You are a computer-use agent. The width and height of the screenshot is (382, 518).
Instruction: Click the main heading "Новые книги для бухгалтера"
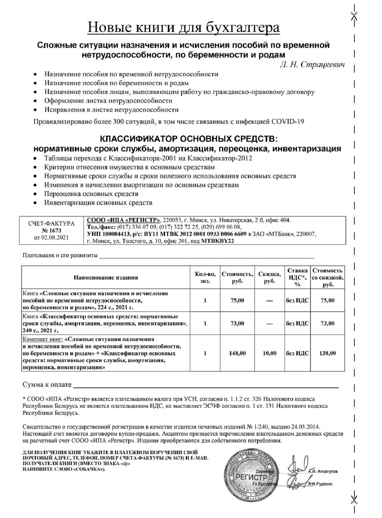tap(184, 28)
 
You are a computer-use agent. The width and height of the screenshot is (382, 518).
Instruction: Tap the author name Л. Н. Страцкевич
tap(312, 65)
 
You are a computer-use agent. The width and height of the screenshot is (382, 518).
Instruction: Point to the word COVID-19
tap(288, 121)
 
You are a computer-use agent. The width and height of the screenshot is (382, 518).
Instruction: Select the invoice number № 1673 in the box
tap(51, 231)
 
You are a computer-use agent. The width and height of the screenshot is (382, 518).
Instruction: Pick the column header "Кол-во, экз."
tap(205, 277)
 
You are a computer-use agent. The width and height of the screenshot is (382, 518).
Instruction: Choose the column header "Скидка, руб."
tap(269, 277)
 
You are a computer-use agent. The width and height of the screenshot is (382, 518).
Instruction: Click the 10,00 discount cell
tap(269, 353)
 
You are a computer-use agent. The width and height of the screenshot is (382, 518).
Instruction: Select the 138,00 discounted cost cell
tap(328, 353)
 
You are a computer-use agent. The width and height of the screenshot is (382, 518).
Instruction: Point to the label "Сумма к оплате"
tap(47, 385)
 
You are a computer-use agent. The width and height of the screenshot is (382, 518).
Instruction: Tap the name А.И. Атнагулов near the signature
tap(323, 471)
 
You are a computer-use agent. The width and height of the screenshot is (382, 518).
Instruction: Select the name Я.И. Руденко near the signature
tap(320, 484)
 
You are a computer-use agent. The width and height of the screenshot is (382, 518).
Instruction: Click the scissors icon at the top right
tap(354, 16)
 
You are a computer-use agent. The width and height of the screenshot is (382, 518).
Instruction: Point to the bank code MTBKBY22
tap(218, 241)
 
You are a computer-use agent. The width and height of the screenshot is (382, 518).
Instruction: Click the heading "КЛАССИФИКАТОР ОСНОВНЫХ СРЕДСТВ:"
tap(189, 139)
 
